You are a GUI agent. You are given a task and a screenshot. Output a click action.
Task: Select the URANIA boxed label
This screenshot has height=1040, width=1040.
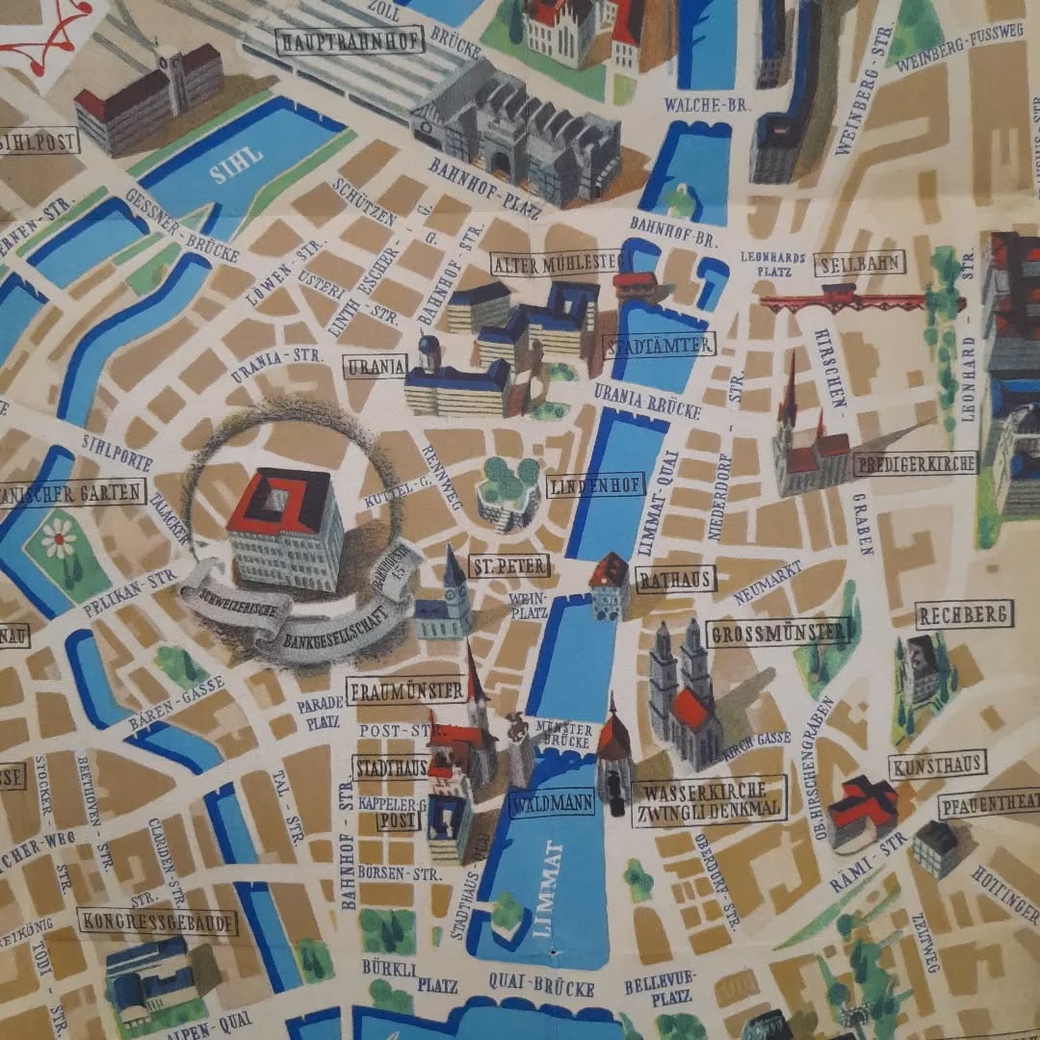tap(375, 367)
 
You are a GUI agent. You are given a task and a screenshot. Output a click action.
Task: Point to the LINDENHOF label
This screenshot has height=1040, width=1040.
tap(595, 486)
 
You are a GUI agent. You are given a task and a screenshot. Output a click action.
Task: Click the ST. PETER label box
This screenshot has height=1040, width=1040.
tap(509, 565)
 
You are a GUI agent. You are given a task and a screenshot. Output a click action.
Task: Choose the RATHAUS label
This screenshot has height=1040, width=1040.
tap(676, 579)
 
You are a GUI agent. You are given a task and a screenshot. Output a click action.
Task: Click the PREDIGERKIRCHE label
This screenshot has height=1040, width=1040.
tap(914, 464)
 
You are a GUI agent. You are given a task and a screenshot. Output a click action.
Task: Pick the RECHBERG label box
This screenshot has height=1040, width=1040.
tap(964, 614)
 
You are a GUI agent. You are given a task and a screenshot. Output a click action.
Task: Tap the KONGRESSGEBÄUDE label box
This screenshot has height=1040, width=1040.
tap(158, 922)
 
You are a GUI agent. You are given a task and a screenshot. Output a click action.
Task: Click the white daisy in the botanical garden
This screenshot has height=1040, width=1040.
tap(59, 537)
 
